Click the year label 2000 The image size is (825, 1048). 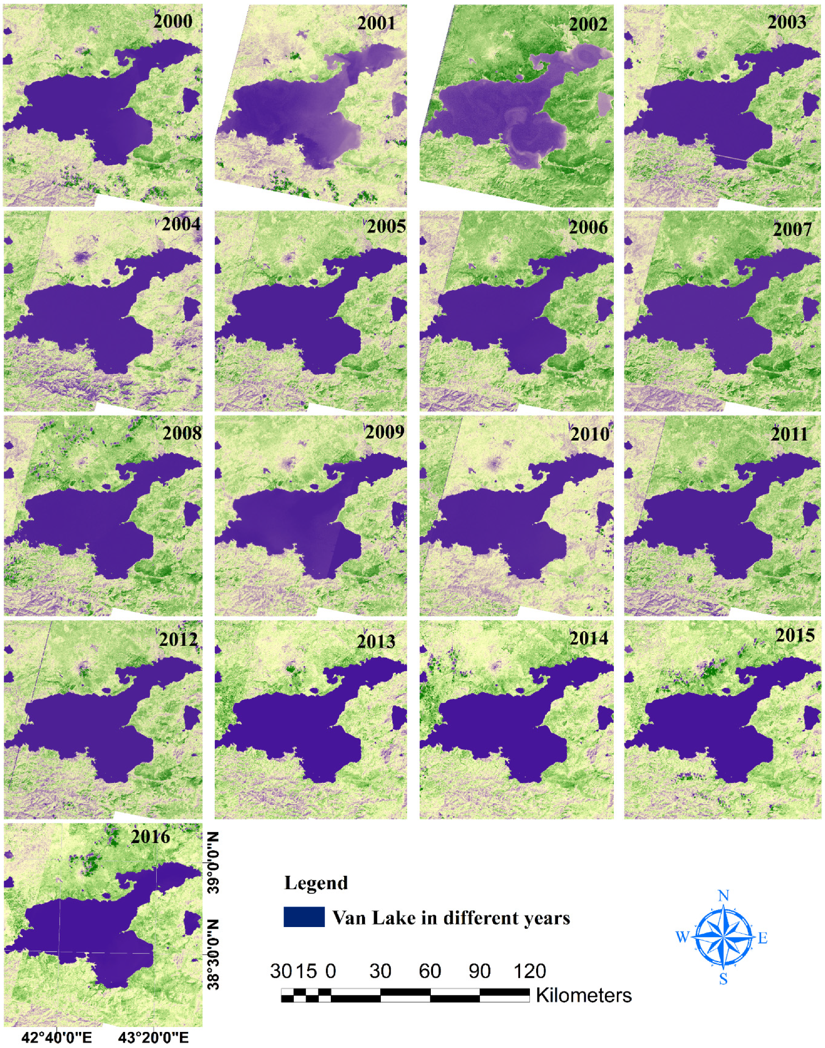click(173, 21)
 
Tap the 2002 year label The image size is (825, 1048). click(588, 24)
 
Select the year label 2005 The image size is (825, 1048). click(386, 226)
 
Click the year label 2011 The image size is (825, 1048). click(789, 434)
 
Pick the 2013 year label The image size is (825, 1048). click(376, 641)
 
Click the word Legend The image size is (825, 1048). click(316, 883)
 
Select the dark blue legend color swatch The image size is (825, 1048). click(304, 917)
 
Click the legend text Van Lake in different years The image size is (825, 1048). click(451, 918)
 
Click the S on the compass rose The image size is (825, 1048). click(723, 979)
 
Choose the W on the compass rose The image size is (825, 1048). click(682, 938)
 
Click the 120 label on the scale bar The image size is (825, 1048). click(530, 971)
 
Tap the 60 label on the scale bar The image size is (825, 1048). click(430, 971)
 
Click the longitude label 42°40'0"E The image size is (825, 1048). click(57, 1037)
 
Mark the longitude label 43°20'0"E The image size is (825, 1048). click(154, 1037)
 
